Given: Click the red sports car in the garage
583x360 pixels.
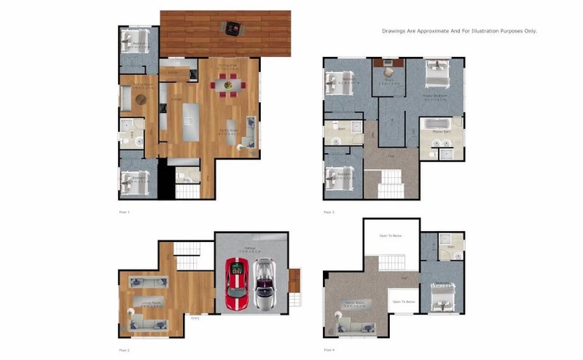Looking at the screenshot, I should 235,283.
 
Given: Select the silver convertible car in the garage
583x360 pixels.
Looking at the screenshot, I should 263,284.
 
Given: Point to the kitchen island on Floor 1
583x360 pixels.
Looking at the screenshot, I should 191,121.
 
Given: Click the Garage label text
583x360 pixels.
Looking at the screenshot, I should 251,249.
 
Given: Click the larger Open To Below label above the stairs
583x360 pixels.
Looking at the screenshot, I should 390,235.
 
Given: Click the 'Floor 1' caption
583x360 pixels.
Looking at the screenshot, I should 124,212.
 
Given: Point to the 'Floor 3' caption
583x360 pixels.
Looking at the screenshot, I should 329,212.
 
